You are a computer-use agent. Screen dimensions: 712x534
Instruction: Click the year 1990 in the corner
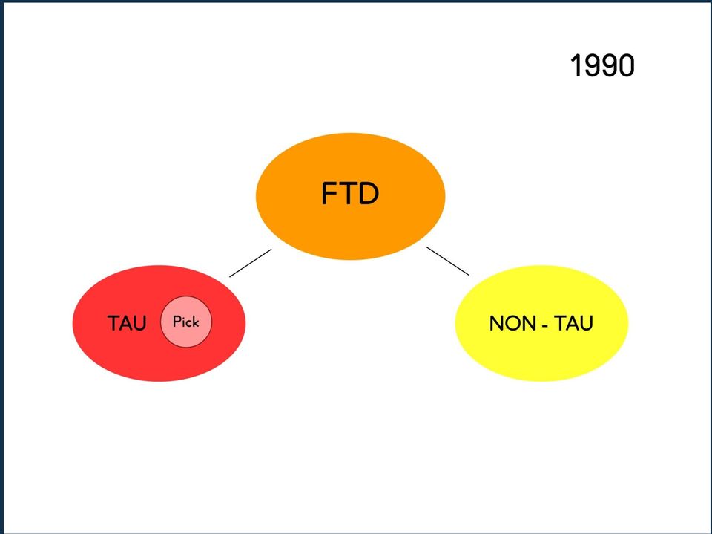point(602,65)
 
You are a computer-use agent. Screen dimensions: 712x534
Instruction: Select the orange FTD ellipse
point(351,196)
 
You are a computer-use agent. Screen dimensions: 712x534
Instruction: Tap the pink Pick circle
point(186,322)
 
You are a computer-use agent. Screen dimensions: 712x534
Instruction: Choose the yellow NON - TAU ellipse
point(541,323)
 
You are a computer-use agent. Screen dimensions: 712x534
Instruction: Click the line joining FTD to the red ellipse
point(251,262)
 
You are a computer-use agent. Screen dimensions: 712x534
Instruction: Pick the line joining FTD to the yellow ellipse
point(448,261)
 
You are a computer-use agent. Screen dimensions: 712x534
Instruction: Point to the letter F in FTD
point(329,193)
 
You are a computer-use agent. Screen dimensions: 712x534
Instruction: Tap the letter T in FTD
point(349,193)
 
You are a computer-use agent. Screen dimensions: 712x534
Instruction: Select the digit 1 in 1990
point(576,65)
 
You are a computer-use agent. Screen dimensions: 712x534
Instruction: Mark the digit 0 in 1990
point(626,65)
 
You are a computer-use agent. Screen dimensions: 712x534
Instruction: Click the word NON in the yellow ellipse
point(512,323)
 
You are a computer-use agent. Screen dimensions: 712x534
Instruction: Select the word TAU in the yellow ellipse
point(573,323)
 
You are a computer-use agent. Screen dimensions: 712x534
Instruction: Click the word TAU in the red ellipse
point(127,323)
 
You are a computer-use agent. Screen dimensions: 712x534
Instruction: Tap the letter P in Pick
point(177,322)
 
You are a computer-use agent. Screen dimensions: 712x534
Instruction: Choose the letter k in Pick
point(195,321)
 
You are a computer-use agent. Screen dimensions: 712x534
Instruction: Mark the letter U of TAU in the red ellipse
point(140,324)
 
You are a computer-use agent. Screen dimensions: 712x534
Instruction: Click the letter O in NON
point(512,323)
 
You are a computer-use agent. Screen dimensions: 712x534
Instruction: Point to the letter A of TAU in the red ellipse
point(127,323)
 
